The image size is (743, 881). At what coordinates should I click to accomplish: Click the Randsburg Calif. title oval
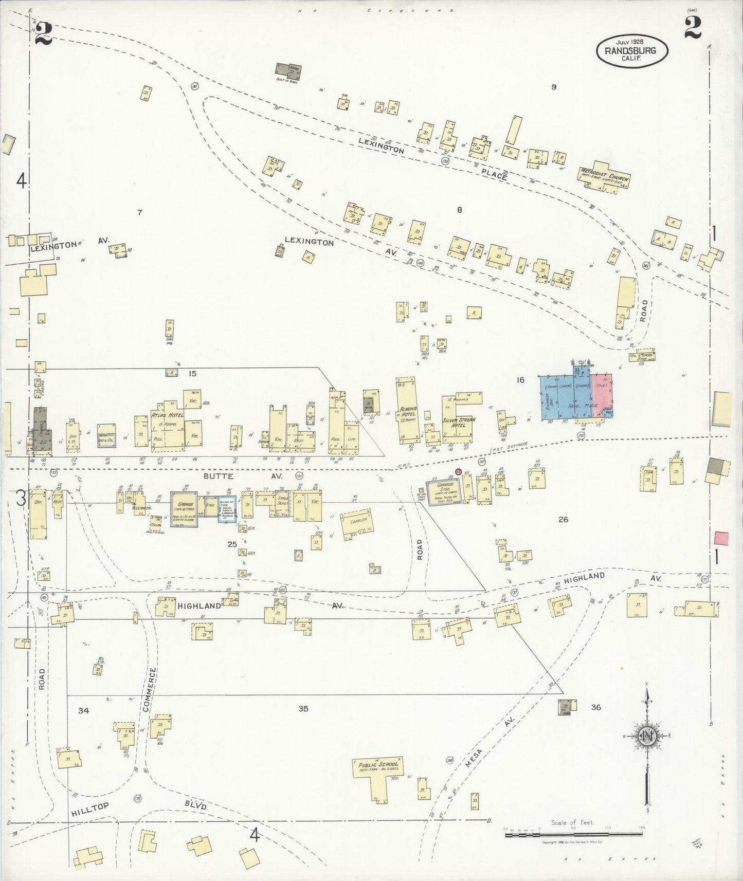632,51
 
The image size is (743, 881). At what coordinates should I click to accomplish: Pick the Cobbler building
357,522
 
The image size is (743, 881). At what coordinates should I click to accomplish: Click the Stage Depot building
282,498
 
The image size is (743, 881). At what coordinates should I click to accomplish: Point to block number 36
595,707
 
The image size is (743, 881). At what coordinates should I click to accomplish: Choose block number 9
554,87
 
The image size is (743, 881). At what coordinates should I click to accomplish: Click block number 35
303,709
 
